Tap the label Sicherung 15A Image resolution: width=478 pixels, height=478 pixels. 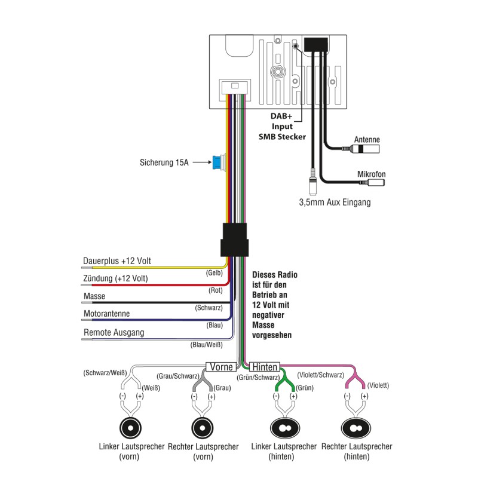(x=164, y=162)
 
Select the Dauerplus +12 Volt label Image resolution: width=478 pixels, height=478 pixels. (x=117, y=261)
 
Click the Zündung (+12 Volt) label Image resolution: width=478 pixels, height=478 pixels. (x=115, y=278)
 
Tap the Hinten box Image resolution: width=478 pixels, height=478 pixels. (x=264, y=366)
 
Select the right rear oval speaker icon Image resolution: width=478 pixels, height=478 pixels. (x=357, y=428)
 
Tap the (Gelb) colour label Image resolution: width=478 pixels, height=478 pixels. (x=214, y=272)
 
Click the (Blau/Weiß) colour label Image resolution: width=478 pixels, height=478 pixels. (x=207, y=344)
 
